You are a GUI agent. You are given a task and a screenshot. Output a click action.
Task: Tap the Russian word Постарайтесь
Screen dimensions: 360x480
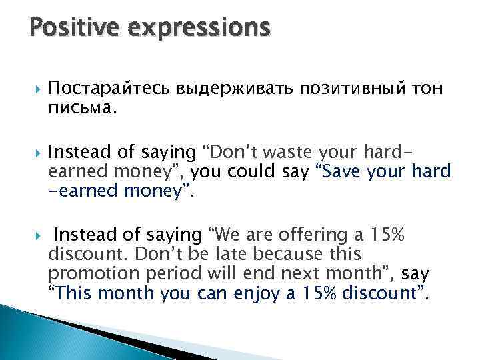pyautogui.click(x=111, y=89)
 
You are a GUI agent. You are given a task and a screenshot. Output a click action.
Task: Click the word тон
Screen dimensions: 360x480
pyautogui.click(x=427, y=89)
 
